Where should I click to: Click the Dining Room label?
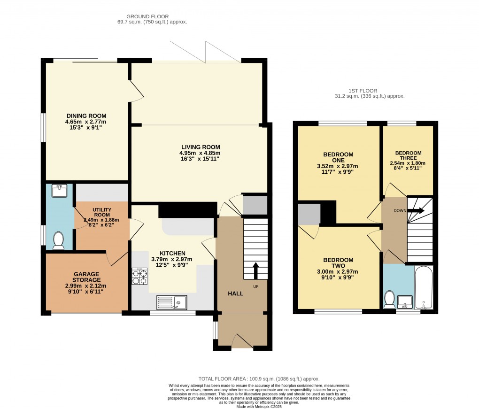coord(86,116)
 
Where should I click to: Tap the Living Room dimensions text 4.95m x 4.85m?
coord(200,153)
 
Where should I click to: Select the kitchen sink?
coord(171,302)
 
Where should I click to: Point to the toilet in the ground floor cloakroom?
coord(59,240)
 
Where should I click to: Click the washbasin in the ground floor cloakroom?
coord(60,190)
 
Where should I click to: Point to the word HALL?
coord(235,293)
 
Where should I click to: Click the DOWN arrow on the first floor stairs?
coord(416,211)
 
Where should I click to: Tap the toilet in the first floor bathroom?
coord(389,300)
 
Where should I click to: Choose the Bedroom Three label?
coord(408,155)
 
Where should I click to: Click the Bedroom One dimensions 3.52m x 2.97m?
coord(338,166)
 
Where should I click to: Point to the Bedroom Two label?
coord(338,263)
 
